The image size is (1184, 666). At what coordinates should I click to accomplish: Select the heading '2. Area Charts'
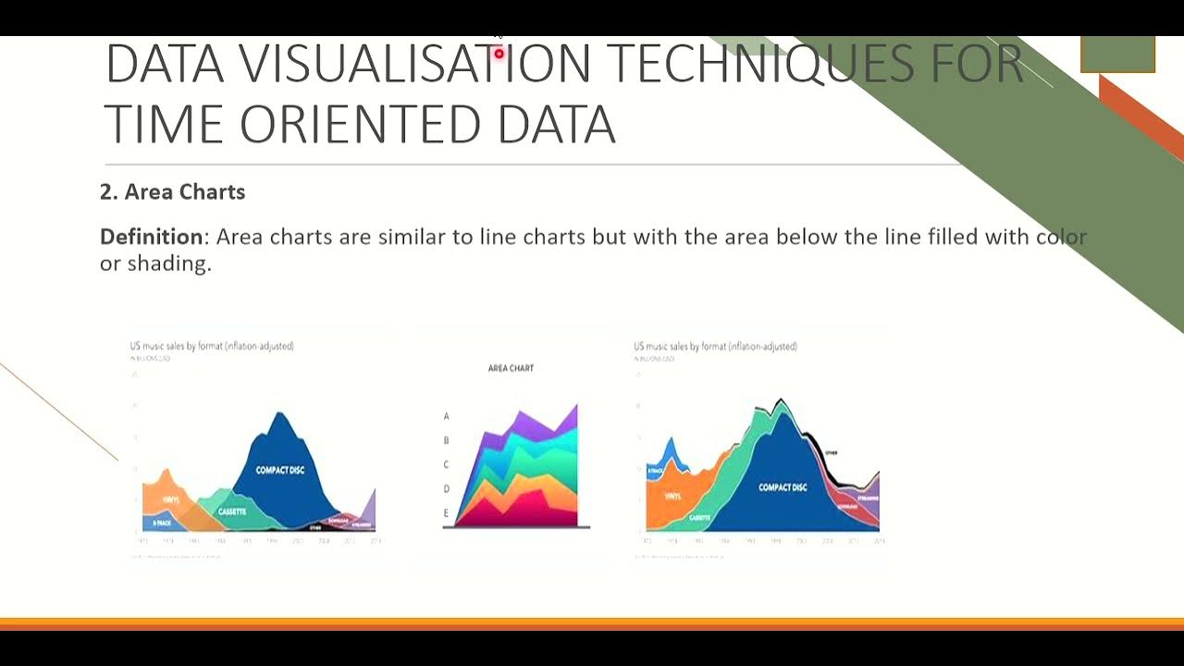(172, 191)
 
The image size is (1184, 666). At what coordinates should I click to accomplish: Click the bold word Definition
(152, 237)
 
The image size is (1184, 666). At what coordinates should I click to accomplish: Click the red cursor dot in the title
(499, 55)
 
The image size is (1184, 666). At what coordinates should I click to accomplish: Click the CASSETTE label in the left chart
(232, 512)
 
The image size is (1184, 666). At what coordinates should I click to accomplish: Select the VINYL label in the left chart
(170, 500)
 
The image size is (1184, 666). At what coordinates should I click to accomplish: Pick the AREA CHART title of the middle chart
(511, 368)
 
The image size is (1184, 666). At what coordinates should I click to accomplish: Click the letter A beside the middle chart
(446, 417)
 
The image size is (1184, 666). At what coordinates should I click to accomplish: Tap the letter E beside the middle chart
(446, 513)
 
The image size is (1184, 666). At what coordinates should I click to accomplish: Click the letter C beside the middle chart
(446, 465)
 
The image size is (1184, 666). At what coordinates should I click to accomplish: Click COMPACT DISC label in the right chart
(783, 487)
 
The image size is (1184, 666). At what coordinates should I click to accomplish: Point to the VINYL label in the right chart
(672, 497)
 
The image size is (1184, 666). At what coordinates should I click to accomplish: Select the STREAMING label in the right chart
(868, 498)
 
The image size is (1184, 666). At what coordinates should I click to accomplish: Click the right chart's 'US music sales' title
(715, 346)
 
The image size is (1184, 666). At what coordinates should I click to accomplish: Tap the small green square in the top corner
(1117, 54)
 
